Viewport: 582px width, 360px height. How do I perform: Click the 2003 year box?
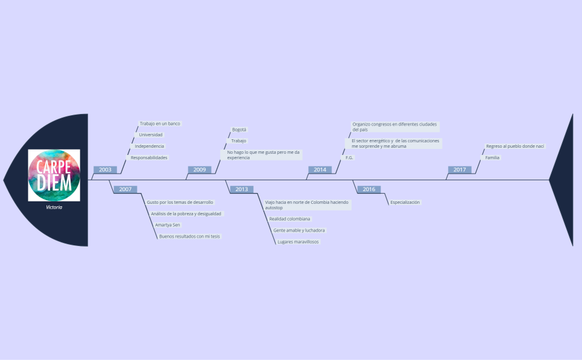[105, 169]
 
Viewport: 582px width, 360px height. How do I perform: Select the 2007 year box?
[125, 189]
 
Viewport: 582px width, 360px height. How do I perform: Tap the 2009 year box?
[200, 169]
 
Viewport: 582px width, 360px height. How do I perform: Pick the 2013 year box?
[242, 189]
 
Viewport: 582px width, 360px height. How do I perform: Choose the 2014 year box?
[320, 169]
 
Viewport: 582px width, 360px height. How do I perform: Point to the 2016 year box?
[369, 189]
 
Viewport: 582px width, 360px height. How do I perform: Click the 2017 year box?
[460, 169]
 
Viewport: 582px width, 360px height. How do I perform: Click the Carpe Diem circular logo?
[54, 175]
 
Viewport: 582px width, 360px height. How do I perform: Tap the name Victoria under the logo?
[54, 207]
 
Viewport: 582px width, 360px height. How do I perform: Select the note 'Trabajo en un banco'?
[160, 124]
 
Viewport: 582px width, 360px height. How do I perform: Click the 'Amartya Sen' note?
[168, 225]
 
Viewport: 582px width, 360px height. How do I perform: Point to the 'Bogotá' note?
[239, 130]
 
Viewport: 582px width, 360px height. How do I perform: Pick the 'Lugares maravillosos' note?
[298, 242]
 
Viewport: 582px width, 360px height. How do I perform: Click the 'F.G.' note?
[349, 158]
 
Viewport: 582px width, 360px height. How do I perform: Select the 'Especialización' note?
[405, 202]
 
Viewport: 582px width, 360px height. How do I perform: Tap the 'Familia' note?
[492, 158]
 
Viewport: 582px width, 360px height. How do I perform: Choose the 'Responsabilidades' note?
[149, 158]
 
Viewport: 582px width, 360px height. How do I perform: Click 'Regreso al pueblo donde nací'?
[515, 146]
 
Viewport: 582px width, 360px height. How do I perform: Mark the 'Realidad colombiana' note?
[289, 219]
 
